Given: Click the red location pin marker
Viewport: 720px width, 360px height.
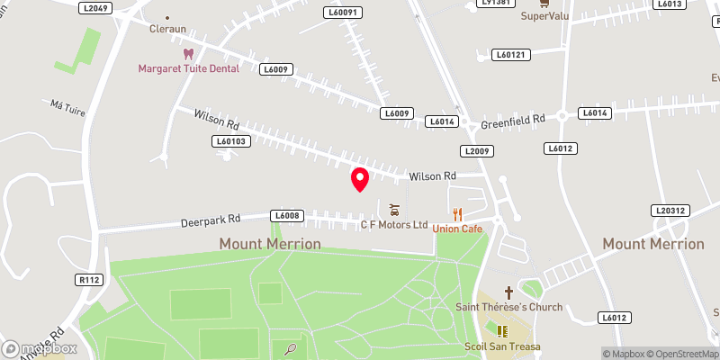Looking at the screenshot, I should click(360, 178).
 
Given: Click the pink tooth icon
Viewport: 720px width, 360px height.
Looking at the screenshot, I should click(188, 54).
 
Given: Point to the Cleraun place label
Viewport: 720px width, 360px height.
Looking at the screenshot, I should click(167, 28).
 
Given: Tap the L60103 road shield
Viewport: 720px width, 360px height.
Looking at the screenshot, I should click(230, 141).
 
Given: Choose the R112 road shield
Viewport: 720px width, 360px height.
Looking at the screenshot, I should click(89, 281).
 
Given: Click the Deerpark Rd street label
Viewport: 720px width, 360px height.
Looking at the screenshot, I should click(210, 219).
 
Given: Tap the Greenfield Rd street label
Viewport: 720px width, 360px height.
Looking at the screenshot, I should click(514, 119).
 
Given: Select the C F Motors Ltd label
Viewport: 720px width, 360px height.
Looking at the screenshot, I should click(394, 224).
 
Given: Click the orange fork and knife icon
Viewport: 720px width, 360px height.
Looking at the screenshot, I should click(457, 214).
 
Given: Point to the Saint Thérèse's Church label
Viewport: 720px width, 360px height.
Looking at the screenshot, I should click(508, 307).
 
